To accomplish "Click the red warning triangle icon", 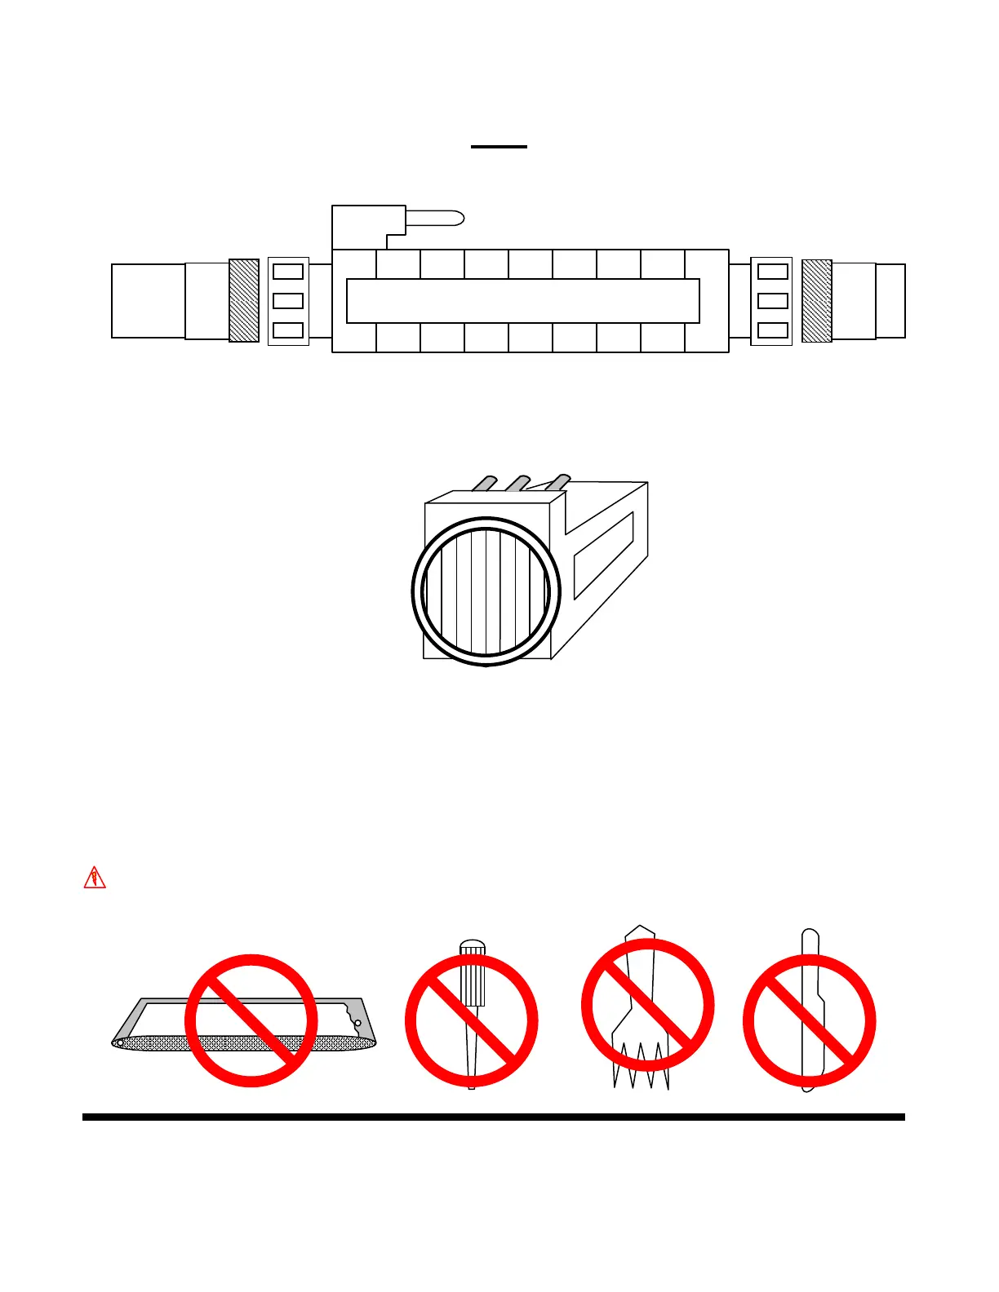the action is [x=95, y=878].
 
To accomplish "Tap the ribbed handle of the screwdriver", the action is [x=473, y=975].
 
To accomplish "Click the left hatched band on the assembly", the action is [x=244, y=300].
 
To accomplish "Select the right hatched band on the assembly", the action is [x=817, y=300].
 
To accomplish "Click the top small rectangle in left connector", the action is [x=287, y=271].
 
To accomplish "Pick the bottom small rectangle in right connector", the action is [x=773, y=330].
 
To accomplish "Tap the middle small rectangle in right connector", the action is [x=773, y=301].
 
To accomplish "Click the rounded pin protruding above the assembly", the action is [x=435, y=218].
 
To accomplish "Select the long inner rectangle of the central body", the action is [x=522, y=301].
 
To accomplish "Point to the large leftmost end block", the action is [x=148, y=300].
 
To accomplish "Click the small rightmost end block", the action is [x=890, y=300].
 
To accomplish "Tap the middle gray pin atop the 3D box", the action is [x=517, y=483].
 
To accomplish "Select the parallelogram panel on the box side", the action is [x=604, y=555].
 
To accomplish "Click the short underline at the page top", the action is [x=499, y=147].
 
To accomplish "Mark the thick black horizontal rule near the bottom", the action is [x=494, y=1117].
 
